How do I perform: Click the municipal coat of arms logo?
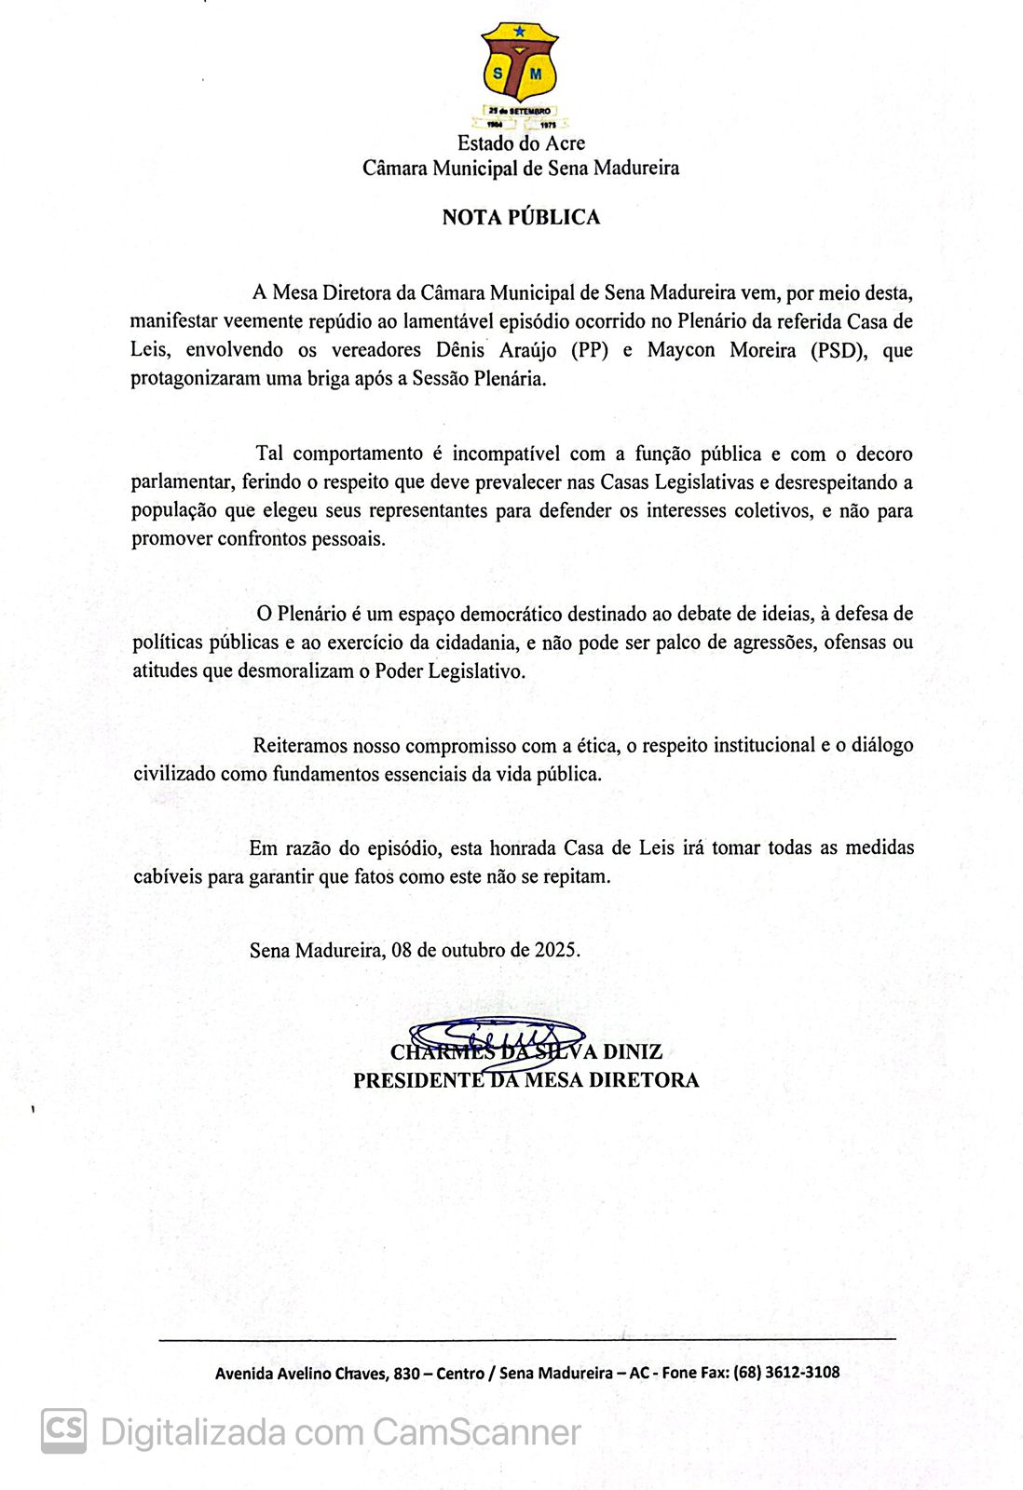click(519, 74)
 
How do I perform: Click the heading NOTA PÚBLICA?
click(521, 218)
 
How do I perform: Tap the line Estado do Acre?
click(521, 143)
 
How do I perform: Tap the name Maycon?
click(681, 351)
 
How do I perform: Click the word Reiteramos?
click(298, 746)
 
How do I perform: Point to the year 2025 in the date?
click(555, 951)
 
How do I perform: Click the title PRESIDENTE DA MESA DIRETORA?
click(525, 1080)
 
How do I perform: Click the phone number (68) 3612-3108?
click(786, 1373)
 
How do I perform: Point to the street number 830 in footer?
click(406, 1373)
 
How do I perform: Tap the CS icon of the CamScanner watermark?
click(63, 1430)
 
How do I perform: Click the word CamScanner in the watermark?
click(476, 1431)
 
